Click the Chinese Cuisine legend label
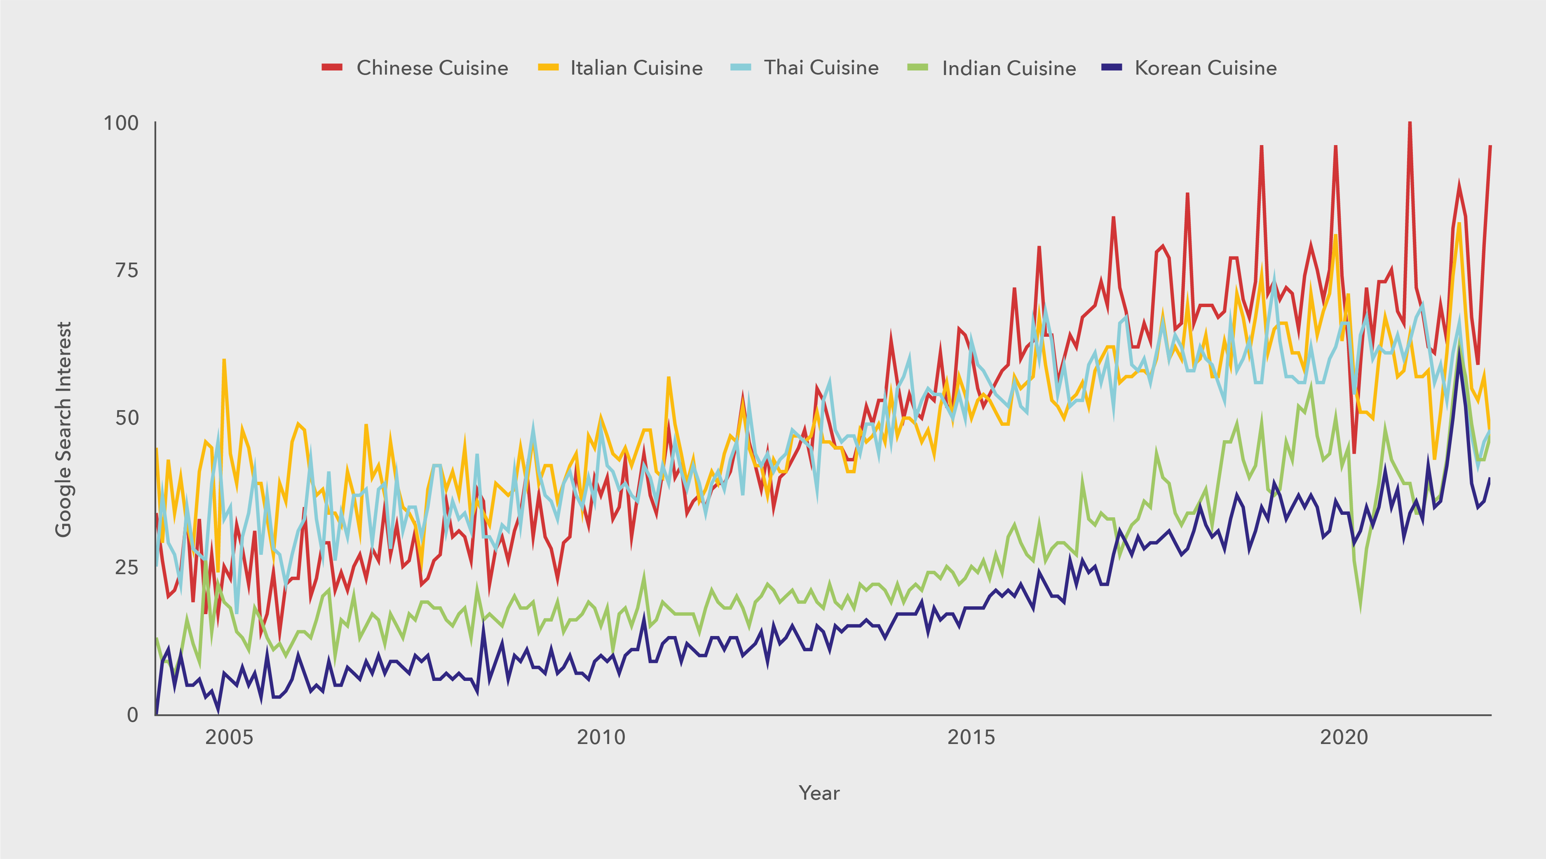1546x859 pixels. point(432,68)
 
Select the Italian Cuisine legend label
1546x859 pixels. point(636,68)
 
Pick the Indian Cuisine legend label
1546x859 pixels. point(1009,68)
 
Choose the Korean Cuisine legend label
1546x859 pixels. point(1206,68)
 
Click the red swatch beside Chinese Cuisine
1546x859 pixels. point(332,67)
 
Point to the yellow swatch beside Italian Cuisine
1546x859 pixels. point(548,67)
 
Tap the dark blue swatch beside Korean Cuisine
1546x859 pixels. point(1112,67)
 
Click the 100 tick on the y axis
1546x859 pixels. point(121,123)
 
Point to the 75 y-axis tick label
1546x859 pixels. point(126,271)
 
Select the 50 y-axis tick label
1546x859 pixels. point(126,418)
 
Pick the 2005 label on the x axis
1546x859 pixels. point(229,737)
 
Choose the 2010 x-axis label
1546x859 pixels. point(601,737)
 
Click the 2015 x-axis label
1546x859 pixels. point(971,737)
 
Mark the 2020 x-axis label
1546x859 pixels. point(1344,737)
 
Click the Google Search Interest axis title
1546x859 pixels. point(63,429)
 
